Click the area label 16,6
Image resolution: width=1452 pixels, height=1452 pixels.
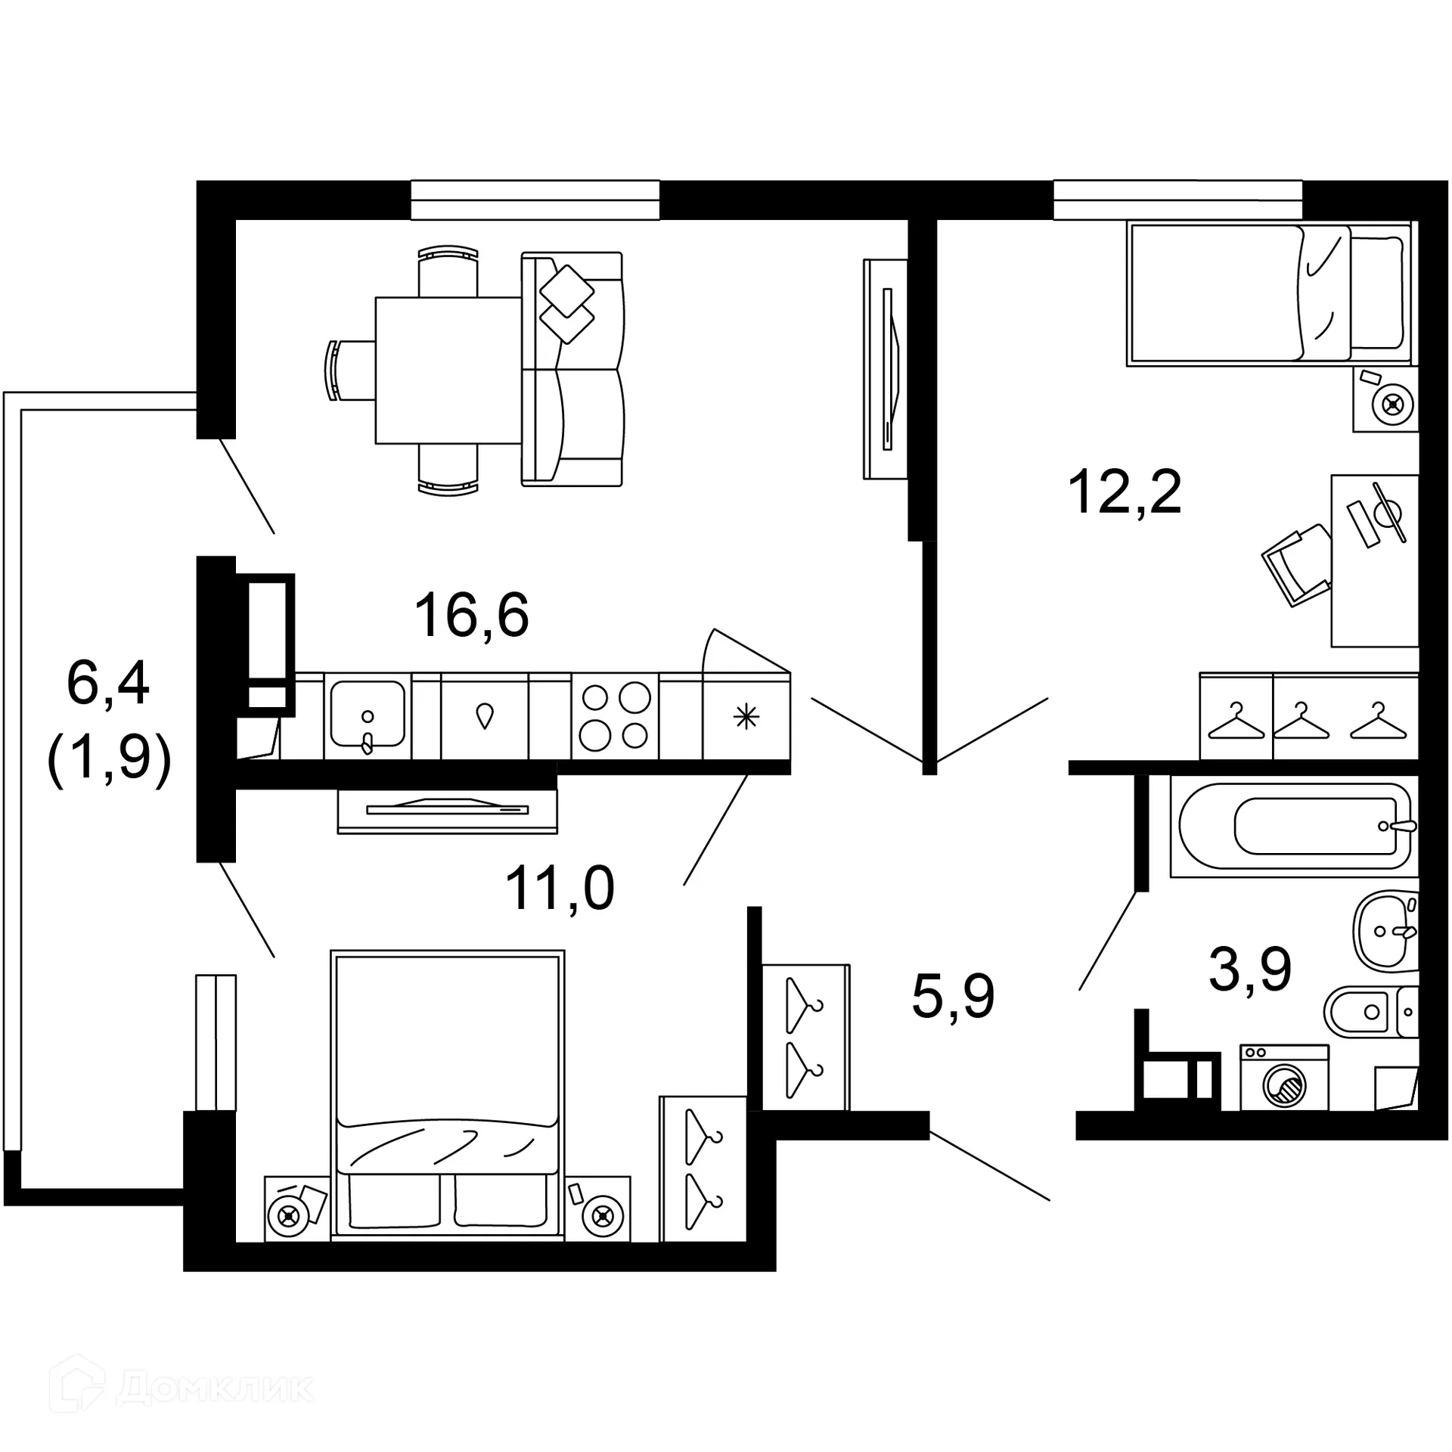pyautogui.click(x=471, y=615)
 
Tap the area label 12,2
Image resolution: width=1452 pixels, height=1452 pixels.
pyautogui.click(x=1124, y=492)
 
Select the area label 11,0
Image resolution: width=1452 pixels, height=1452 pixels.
pyautogui.click(x=559, y=888)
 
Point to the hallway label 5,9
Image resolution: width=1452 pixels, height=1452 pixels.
pyautogui.click(x=952, y=996)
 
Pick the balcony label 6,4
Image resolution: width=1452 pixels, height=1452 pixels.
pyautogui.click(x=107, y=683)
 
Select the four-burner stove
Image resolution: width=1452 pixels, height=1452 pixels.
pyautogui.click(x=615, y=716)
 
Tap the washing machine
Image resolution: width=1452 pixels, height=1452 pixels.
pyautogui.click(x=1283, y=1078)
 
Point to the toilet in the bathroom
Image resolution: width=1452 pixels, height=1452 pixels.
pyautogui.click(x=1369, y=1012)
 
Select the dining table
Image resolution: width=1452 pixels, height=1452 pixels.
pyautogui.click(x=448, y=370)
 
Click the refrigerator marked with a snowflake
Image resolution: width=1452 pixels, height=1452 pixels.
pyautogui.click(x=746, y=716)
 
